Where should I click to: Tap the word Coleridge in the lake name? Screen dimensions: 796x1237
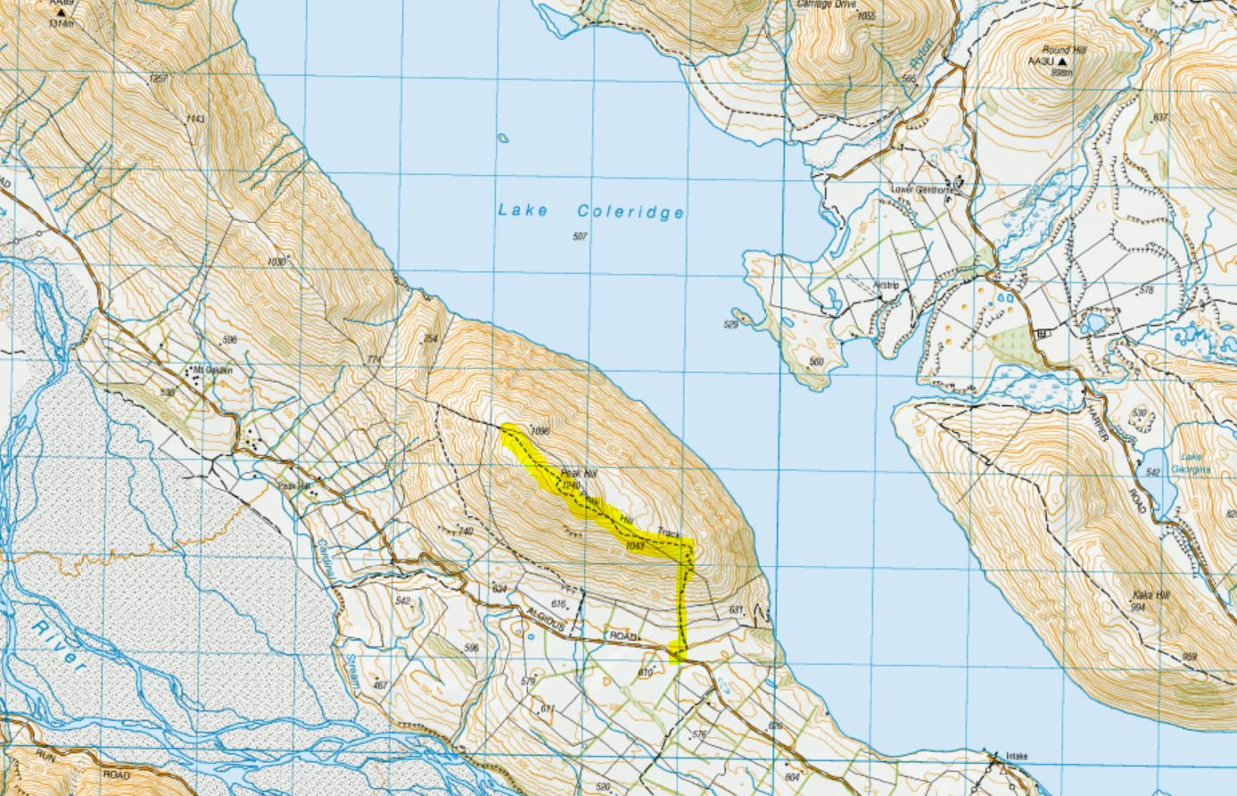click(631, 211)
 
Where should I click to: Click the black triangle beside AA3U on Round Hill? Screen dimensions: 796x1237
click(1062, 62)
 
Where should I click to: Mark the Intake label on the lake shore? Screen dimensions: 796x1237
click(1016, 756)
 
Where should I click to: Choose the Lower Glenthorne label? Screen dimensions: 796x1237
click(923, 190)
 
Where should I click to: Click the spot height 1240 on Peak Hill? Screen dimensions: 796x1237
click(572, 485)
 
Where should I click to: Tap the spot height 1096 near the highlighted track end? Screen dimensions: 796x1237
click(538, 431)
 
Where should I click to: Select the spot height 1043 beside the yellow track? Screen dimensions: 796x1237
click(635, 545)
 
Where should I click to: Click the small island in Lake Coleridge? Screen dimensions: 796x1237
click(503, 138)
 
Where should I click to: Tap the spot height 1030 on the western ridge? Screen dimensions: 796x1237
click(276, 261)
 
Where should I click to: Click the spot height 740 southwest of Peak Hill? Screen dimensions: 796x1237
click(465, 531)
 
